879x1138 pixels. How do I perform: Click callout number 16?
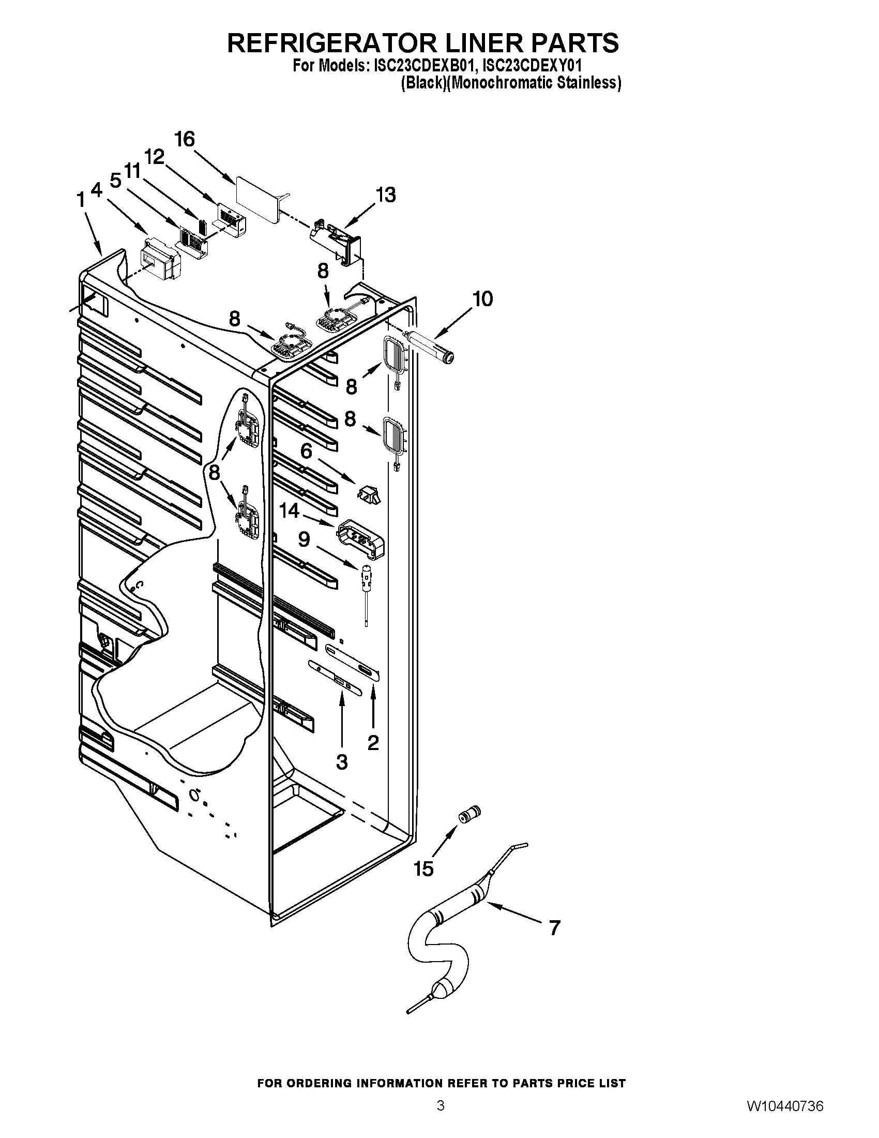185,140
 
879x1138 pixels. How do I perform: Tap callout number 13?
386,195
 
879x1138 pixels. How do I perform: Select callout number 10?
482,299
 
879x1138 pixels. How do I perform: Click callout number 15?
423,869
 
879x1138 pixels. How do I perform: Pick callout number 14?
290,511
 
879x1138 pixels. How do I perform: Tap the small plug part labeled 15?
469,813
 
